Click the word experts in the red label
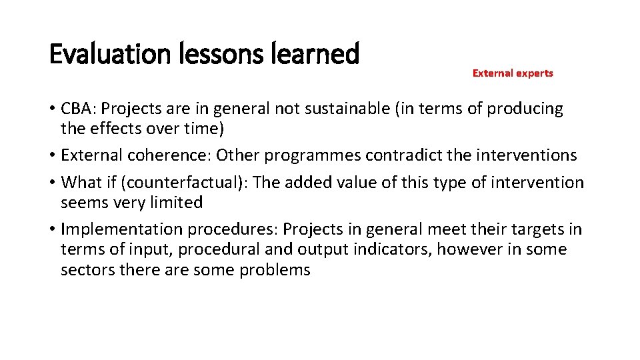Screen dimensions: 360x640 point(534,73)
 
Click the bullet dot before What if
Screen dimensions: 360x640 point(52,183)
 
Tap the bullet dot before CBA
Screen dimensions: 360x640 point(52,109)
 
